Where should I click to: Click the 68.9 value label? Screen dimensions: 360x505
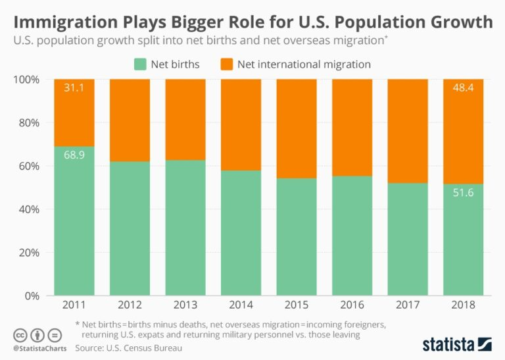click(74, 155)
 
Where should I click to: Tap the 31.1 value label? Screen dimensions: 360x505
click(74, 88)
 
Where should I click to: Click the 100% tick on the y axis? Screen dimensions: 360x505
click(27, 80)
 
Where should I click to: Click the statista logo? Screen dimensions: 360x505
click(456, 344)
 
